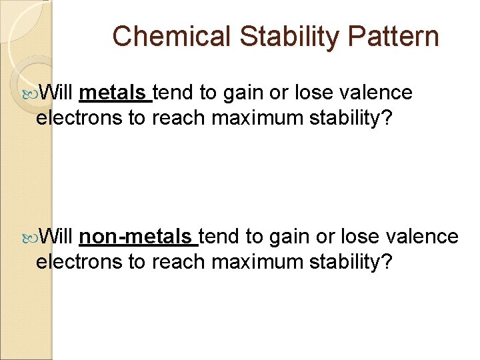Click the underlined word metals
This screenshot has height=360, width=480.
point(114,93)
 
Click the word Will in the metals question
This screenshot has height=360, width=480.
point(57,93)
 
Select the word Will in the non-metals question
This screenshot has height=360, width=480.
point(57,237)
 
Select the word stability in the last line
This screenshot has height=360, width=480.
point(347,262)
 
